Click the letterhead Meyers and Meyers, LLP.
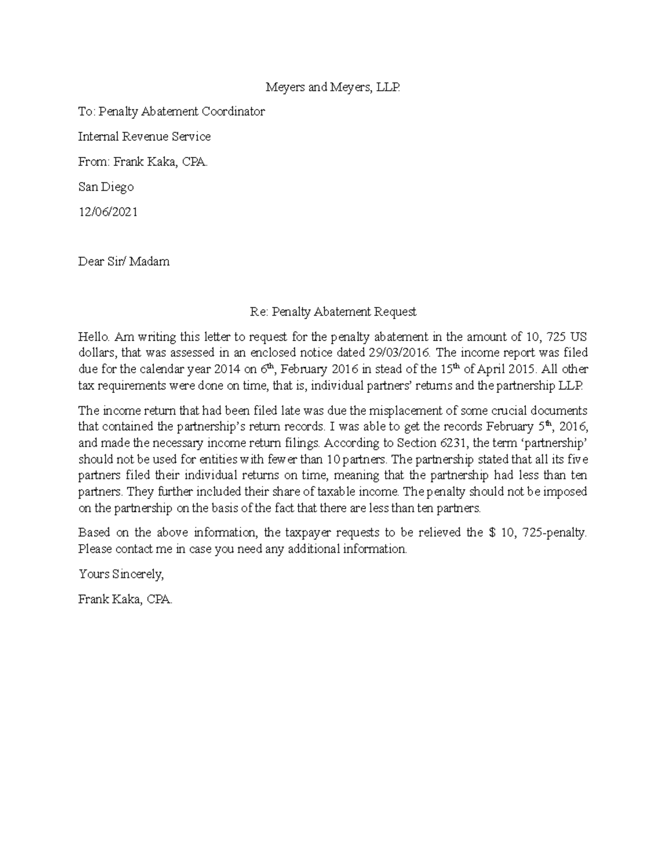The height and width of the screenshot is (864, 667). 332,87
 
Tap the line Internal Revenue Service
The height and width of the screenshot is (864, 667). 144,137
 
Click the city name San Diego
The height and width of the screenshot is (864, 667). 106,187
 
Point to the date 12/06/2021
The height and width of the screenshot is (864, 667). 107,212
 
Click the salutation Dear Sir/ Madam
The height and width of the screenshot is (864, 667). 123,261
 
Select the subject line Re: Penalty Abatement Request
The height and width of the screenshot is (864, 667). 332,312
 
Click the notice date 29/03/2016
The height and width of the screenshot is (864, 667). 399,353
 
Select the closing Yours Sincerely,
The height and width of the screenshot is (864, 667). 121,574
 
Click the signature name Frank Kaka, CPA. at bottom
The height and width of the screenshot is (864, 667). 125,599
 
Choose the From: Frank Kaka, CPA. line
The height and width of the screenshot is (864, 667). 143,162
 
